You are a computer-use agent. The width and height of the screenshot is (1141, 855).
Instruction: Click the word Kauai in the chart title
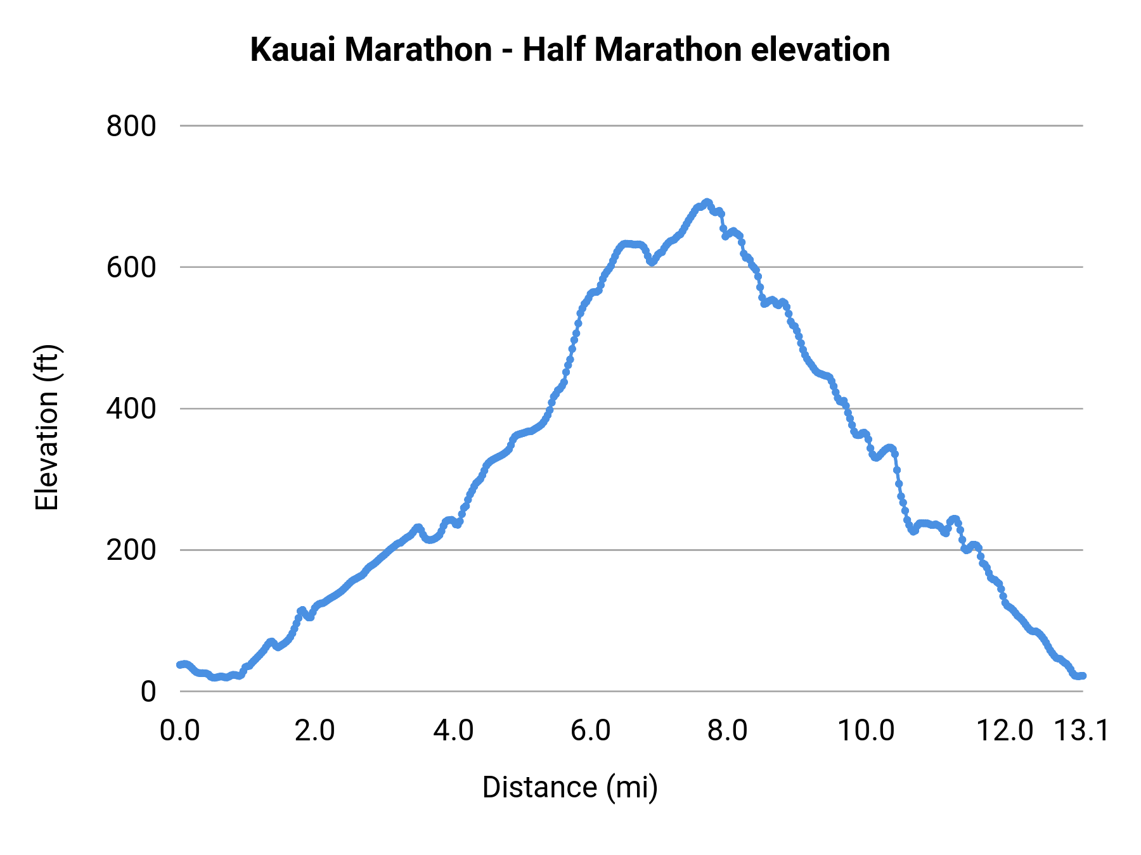(293, 49)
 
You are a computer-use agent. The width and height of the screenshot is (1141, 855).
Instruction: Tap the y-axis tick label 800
(131, 126)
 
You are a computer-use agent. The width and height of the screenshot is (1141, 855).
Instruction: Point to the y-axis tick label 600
(131, 267)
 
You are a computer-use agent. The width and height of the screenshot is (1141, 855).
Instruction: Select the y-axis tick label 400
(131, 408)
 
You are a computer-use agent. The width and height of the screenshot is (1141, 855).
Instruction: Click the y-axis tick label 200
(131, 550)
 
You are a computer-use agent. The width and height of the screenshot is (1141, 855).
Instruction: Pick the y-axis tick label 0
(148, 691)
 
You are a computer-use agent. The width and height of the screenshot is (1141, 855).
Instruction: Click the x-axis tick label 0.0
(180, 730)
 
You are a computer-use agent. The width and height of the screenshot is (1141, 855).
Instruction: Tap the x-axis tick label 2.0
(315, 730)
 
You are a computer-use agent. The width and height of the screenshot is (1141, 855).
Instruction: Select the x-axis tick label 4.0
(453, 730)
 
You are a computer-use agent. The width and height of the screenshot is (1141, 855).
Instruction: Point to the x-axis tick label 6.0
(590, 730)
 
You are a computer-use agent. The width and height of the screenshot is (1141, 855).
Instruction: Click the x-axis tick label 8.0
(728, 730)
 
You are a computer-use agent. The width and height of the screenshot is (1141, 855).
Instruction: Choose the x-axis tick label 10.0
(866, 730)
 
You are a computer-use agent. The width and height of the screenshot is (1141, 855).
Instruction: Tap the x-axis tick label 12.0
(1004, 730)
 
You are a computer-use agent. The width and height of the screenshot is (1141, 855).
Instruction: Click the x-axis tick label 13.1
(1081, 730)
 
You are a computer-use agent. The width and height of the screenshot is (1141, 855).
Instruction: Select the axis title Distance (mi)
(570, 787)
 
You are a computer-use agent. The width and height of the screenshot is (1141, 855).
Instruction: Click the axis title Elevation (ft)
(47, 427)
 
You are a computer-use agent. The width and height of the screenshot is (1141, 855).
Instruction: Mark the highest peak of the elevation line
(707, 202)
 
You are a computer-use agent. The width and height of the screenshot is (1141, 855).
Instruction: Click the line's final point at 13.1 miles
(1083, 676)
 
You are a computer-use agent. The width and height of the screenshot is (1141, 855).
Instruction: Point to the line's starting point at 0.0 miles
(180, 664)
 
